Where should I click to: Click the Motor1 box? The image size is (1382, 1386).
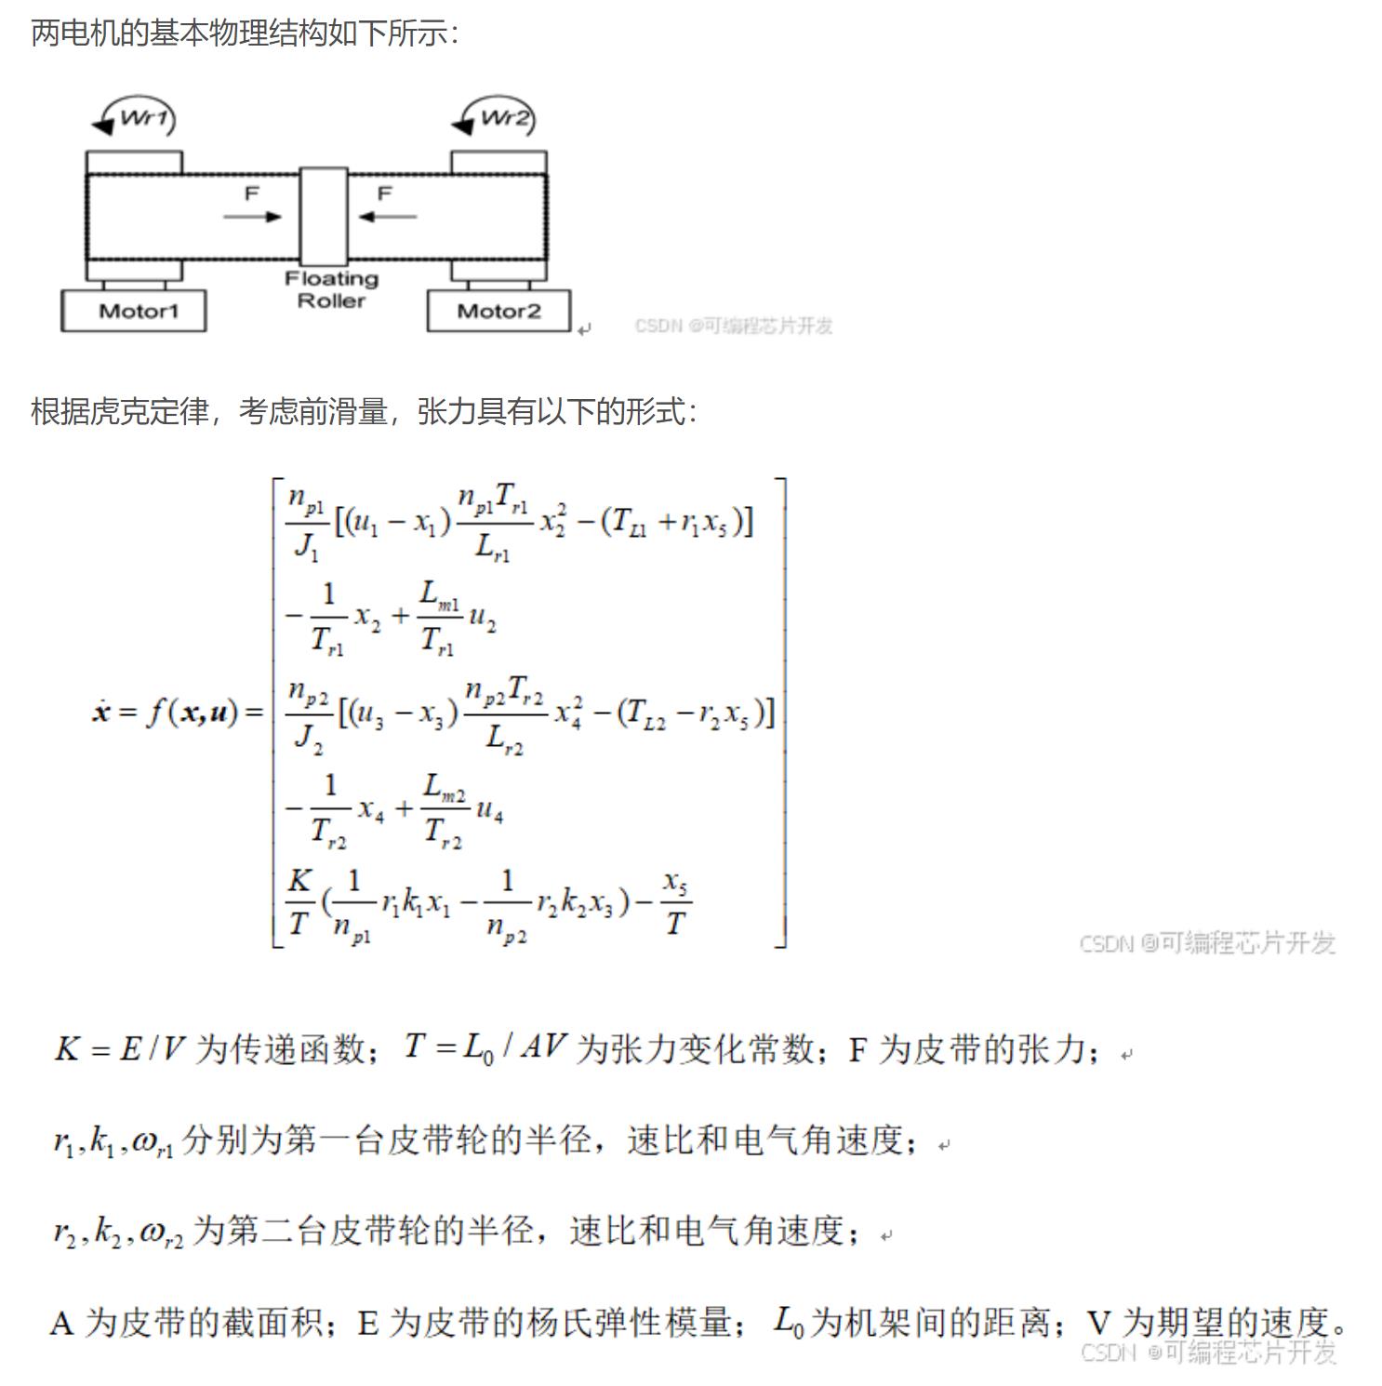click(134, 311)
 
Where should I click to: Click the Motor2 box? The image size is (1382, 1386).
click(498, 311)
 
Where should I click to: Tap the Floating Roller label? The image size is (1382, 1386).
click(331, 289)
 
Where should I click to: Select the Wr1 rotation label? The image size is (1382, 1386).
click(144, 118)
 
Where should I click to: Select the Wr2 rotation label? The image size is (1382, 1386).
click(505, 118)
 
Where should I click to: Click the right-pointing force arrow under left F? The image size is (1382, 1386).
click(252, 217)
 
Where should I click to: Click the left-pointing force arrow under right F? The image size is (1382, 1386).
click(387, 217)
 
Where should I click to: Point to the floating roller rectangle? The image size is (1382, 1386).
click(323, 216)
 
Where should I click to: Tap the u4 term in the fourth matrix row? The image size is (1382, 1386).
click(489, 811)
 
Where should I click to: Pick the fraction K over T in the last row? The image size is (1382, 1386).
click(299, 901)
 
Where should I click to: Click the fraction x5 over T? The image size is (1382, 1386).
click(676, 901)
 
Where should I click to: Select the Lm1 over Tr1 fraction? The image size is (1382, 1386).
click(440, 617)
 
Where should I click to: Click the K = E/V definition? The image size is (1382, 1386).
click(120, 1049)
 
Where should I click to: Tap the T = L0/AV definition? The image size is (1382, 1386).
click(485, 1048)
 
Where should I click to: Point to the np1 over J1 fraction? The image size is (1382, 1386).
click(307, 524)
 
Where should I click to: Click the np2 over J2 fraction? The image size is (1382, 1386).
click(309, 714)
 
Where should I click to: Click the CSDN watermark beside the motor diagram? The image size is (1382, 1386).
click(733, 326)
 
